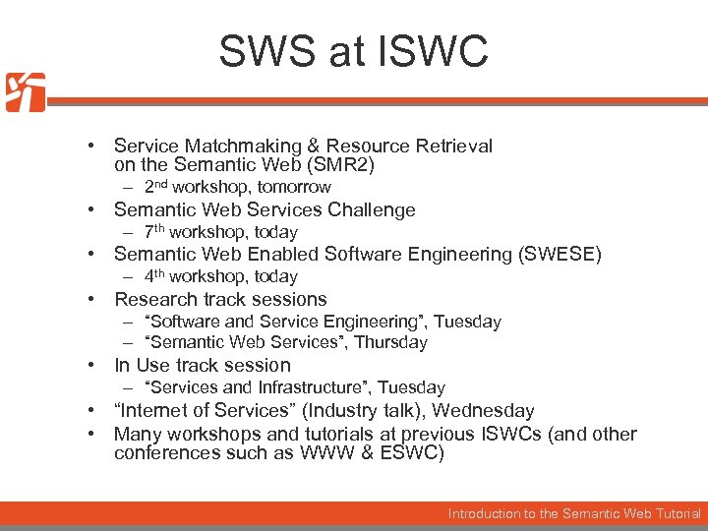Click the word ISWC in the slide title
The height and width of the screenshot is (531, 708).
[440, 51]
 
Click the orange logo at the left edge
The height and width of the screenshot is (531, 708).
[25, 92]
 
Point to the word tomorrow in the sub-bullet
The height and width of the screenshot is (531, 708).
[294, 187]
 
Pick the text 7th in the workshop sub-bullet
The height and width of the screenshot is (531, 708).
[154, 232]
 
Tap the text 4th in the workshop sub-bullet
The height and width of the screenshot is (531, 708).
[154, 276]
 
